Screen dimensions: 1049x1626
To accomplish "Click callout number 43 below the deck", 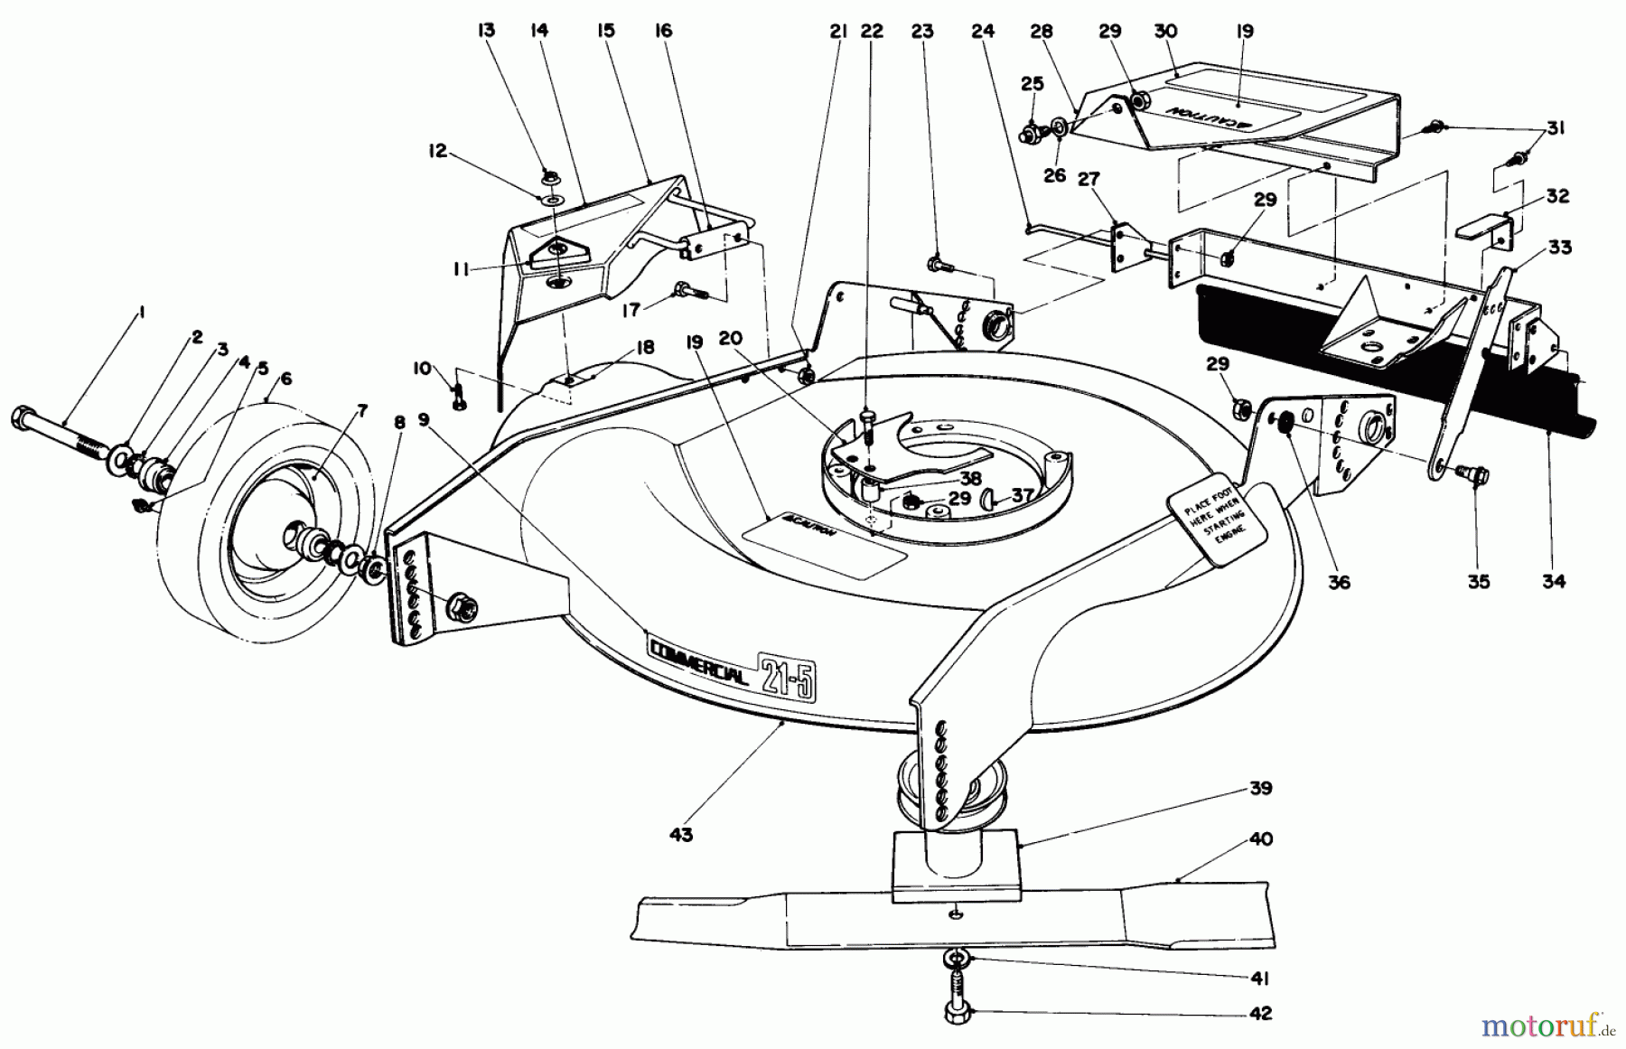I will (681, 835).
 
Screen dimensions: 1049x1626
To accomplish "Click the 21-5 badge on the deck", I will (785, 674).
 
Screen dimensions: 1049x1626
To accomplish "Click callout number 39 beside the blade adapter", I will (1260, 788).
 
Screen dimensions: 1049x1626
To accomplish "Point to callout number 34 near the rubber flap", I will (1553, 581).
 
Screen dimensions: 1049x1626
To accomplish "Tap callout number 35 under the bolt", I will (1478, 581).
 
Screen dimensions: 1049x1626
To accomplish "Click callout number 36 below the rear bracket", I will (1339, 583).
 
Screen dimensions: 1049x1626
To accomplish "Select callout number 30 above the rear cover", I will (1165, 31).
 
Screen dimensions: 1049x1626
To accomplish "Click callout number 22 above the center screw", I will (871, 31).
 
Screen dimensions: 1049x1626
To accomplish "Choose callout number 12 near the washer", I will (437, 151).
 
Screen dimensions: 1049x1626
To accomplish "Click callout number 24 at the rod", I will (983, 31).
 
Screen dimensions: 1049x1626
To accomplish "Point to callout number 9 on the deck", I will (425, 419).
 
